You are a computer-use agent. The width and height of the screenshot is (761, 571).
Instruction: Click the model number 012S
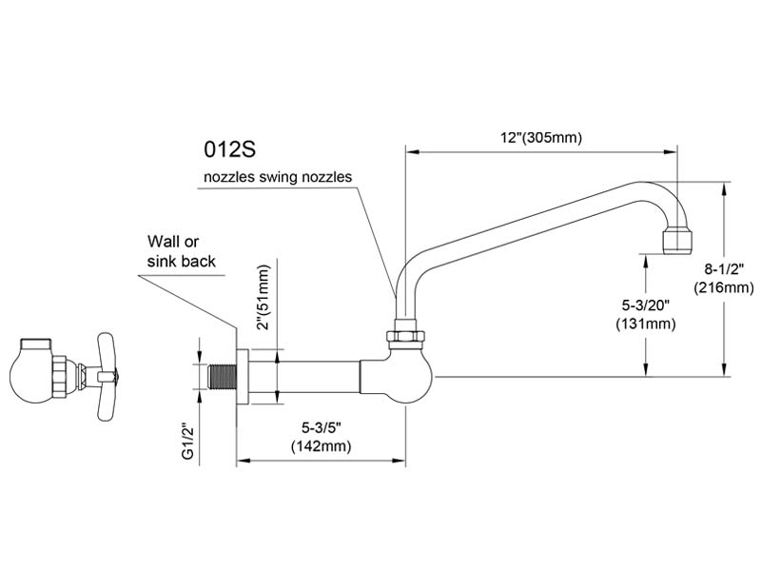pos(229,149)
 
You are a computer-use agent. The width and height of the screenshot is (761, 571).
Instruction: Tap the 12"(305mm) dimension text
pos(541,138)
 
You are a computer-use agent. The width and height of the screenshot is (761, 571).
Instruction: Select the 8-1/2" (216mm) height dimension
pos(724,278)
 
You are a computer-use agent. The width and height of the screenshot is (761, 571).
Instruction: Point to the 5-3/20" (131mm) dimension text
pos(646,315)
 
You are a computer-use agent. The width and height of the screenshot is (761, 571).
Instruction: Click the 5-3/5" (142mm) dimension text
pos(321,437)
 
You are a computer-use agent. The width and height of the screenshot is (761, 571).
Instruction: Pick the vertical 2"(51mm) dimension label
pos(263,297)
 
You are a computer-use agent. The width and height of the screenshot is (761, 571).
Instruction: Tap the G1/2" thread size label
pos(187,441)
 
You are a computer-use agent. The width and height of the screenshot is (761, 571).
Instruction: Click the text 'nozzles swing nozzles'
pos(278,176)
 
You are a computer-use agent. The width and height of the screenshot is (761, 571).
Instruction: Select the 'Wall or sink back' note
pos(181,251)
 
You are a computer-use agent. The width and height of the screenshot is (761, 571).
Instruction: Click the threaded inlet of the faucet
pos(222,376)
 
